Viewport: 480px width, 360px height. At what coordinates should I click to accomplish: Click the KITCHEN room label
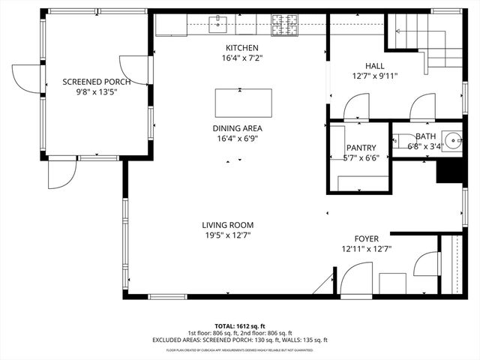click(240, 48)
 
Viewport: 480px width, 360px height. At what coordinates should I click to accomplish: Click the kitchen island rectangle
click(242, 100)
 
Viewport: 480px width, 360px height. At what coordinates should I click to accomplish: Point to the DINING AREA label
click(237, 128)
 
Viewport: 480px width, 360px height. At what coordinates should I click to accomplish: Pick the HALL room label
click(374, 66)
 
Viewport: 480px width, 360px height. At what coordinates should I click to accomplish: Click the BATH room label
click(425, 136)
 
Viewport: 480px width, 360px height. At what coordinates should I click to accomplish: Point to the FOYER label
click(367, 238)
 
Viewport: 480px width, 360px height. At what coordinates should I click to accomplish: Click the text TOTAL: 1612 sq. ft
click(240, 326)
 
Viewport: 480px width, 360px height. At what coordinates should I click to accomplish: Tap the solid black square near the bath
click(448, 173)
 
